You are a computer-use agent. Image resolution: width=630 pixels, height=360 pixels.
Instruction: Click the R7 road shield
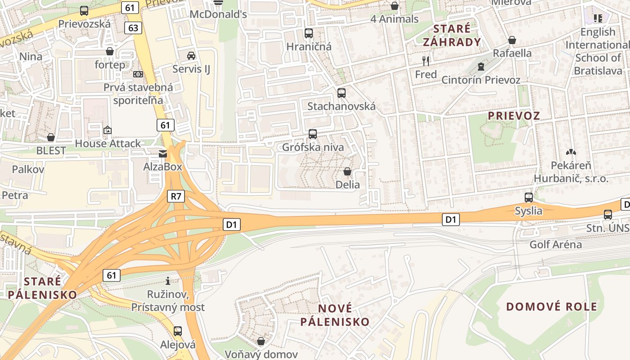[x=176, y=196]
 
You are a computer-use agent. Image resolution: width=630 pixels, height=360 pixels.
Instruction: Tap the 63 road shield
[x=133, y=28]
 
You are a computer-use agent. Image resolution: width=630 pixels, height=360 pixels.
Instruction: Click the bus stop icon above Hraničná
[x=309, y=33]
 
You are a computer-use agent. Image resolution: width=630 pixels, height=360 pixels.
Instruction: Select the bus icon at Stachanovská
[x=342, y=93]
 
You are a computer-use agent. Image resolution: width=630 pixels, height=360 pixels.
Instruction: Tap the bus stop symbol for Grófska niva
[x=313, y=134]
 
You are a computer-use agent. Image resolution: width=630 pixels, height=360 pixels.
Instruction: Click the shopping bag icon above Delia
[x=347, y=171]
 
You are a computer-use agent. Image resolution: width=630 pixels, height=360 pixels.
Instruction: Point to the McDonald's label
[x=218, y=14]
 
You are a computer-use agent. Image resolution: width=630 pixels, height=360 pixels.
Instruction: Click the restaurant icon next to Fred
[x=426, y=61]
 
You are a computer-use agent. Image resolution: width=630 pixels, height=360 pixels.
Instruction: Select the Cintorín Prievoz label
[x=481, y=80]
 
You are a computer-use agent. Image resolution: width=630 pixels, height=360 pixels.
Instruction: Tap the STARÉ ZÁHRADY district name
[x=451, y=36]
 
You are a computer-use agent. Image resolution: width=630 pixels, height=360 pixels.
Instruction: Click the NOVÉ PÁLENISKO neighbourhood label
[x=335, y=315]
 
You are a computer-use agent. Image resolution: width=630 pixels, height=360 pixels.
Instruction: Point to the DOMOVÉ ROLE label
[x=552, y=307]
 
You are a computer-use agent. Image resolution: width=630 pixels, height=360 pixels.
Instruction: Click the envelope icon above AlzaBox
[x=162, y=154]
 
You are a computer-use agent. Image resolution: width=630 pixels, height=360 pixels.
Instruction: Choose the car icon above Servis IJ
[x=191, y=56]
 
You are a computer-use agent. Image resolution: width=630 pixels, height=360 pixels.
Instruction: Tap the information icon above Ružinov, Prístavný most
[x=168, y=281]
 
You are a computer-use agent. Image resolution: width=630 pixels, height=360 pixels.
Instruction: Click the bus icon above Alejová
[x=178, y=332]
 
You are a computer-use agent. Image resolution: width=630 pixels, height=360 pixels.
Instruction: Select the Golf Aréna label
[x=555, y=245]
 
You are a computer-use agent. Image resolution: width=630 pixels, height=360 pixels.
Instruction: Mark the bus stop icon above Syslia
[x=529, y=198]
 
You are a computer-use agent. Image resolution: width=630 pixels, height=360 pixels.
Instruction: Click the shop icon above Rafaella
[x=512, y=40]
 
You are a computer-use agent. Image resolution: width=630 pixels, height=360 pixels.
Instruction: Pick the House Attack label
[x=108, y=144]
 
